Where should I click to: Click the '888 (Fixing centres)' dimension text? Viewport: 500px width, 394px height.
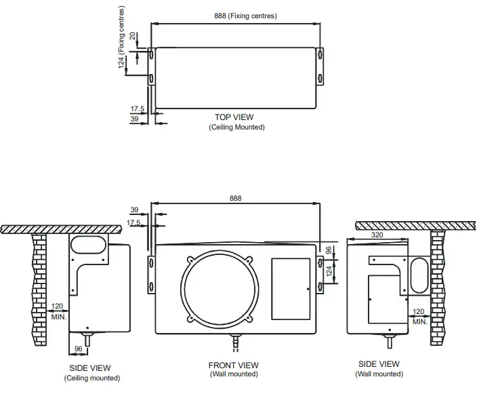pyautogui.click(x=235, y=16)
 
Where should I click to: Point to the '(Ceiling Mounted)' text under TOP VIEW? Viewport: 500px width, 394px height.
pyautogui.click(x=236, y=127)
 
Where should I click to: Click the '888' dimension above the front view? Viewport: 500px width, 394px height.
pyautogui.click(x=235, y=198)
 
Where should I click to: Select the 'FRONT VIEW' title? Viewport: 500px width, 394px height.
pyautogui.click(x=233, y=366)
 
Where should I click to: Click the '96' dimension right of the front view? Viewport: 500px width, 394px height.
pyautogui.click(x=329, y=250)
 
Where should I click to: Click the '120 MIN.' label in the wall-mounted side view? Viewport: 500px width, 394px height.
pyautogui.click(x=421, y=317)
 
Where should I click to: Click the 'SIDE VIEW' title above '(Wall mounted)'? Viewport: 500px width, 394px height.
pyautogui.click(x=379, y=364)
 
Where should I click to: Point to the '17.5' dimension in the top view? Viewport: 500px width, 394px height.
pyautogui.click(x=138, y=108)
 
